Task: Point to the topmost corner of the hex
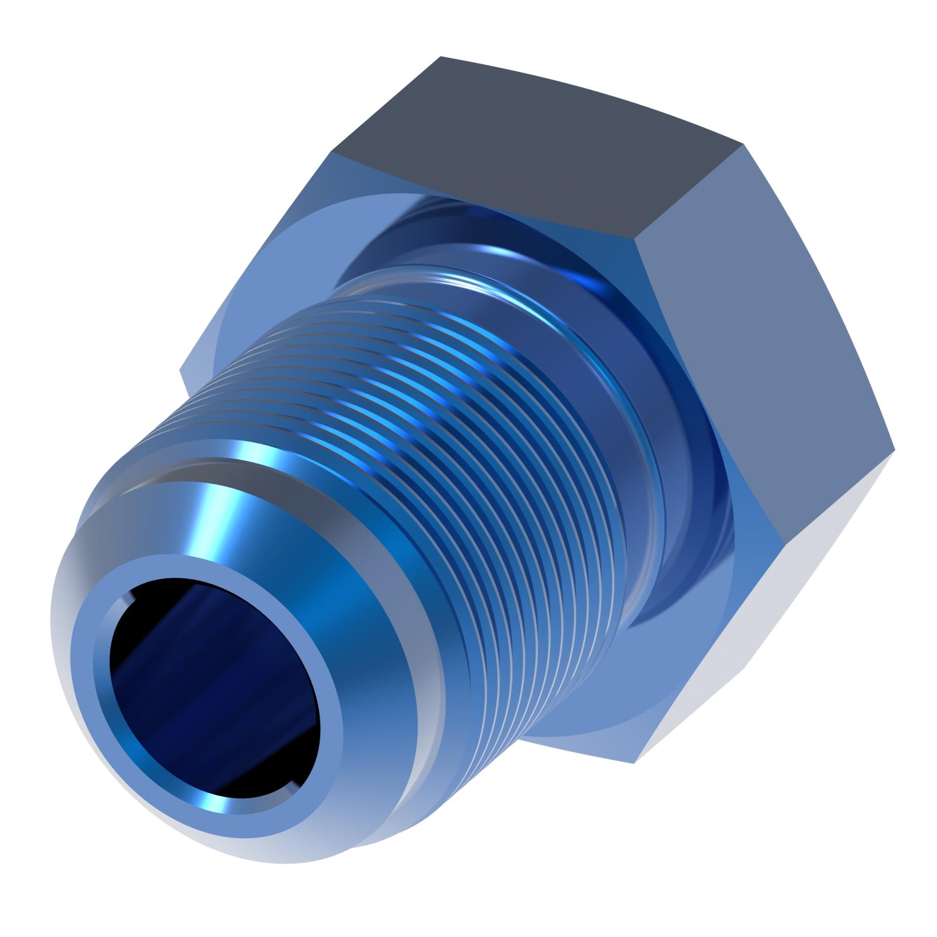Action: tap(441, 57)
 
